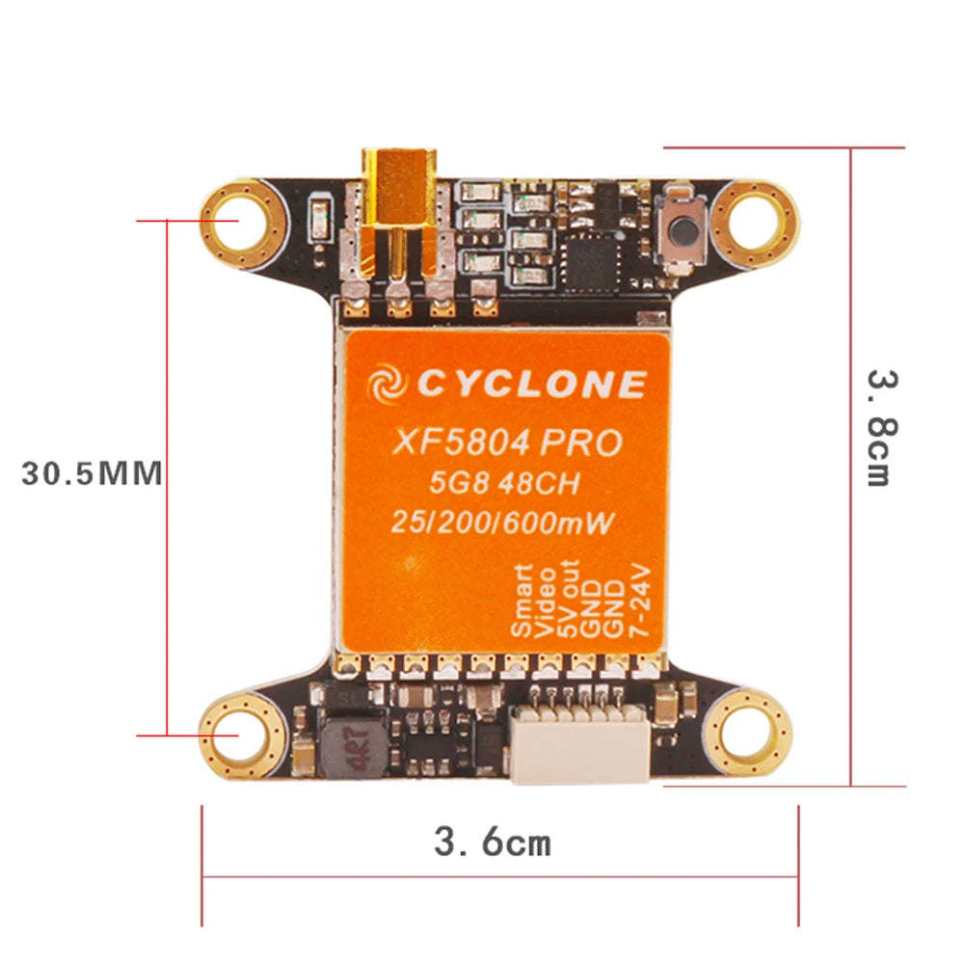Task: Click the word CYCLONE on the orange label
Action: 530,385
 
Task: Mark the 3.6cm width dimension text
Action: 493,843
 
